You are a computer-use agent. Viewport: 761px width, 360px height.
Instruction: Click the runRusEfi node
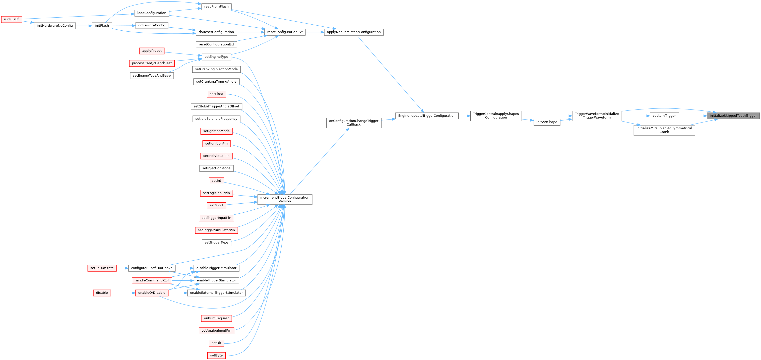[12, 20]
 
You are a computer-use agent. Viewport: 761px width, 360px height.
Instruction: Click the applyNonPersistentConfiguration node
[354, 32]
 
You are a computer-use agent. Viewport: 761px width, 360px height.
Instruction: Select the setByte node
[216, 355]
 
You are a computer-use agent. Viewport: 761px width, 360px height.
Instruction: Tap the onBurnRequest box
[216, 318]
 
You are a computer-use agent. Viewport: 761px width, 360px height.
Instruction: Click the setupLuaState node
[102, 268]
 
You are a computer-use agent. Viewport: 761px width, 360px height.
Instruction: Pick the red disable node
[102, 293]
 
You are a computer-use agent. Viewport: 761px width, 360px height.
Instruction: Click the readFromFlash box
[216, 7]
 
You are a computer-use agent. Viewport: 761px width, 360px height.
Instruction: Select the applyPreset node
[152, 51]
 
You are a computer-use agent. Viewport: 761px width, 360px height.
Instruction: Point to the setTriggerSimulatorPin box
[216, 230]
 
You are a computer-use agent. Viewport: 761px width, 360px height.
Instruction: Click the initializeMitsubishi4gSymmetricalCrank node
[664, 130]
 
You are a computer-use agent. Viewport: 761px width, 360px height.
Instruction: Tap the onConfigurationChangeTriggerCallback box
[354, 123]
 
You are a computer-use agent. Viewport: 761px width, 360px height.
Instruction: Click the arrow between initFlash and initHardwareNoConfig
[84, 26]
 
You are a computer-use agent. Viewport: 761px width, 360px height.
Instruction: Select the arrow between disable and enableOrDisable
[123, 293]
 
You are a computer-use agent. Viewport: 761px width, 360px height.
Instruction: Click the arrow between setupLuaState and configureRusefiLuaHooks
[122, 268]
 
